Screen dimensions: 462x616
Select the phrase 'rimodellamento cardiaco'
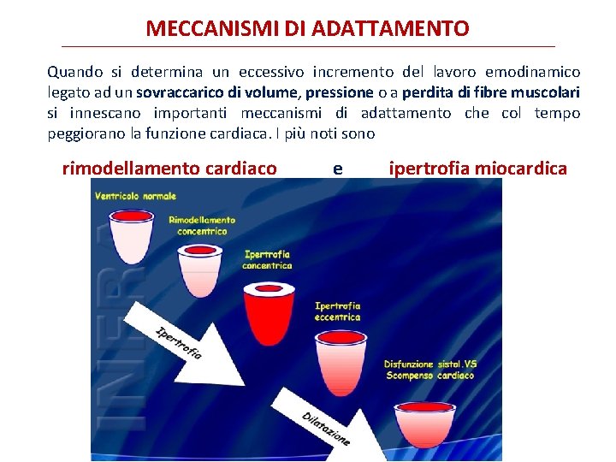pos(169,169)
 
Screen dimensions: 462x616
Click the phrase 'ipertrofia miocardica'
pos(477,169)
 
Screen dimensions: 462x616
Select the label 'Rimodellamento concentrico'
pos(202,226)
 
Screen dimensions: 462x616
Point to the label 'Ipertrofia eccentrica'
pos(338,311)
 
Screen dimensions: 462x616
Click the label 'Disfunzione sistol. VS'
pos(430,364)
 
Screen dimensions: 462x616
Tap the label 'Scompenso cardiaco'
pos(429,376)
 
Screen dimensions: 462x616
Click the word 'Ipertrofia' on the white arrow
pos(178,341)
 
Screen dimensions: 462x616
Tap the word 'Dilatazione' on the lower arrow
pos(325,428)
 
